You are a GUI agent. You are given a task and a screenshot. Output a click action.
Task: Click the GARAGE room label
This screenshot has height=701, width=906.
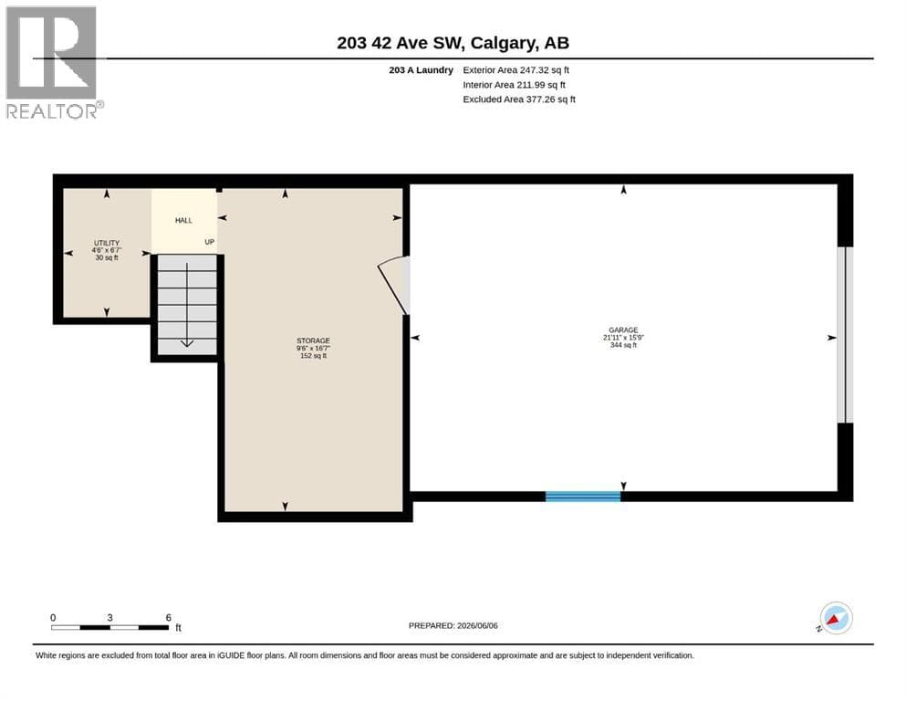[623, 330]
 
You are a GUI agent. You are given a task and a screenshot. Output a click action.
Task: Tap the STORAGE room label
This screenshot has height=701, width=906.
[313, 341]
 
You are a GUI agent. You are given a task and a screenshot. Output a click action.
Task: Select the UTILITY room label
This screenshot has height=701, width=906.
[107, 244]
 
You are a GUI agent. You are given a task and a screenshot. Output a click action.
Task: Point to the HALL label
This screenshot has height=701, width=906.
[183, 220]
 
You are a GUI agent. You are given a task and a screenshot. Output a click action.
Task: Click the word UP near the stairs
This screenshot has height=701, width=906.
[209, 242]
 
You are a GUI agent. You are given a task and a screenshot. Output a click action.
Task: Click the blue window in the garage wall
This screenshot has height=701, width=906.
[583, 497]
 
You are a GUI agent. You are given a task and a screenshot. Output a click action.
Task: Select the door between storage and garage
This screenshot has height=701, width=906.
[395, 286]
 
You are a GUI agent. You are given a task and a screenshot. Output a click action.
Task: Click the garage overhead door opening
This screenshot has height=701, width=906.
[845, 335]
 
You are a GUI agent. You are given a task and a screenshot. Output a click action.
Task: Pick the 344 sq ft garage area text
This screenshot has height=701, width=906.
[623, 345]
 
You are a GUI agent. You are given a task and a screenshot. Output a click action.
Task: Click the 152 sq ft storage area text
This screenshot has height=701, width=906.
[313, 356]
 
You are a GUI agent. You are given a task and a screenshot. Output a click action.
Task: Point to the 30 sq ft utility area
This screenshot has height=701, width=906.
[107, 257]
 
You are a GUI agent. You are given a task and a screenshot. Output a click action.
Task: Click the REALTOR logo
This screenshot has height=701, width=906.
[53, 62]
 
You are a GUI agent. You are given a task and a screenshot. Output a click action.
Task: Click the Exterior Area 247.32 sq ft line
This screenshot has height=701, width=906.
[516, 70]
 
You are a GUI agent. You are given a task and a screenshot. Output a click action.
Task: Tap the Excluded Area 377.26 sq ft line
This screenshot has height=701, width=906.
[519, 99]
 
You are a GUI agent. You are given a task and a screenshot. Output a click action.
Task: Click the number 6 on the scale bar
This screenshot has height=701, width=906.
[168, 618]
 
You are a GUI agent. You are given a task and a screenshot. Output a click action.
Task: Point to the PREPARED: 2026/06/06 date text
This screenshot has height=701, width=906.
[453, 626]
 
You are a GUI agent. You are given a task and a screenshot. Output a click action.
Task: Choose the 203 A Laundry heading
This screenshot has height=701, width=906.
[422, 70]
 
